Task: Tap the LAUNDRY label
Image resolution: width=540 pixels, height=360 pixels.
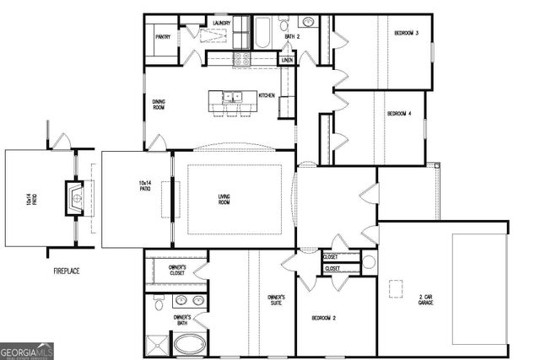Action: coord(222,24)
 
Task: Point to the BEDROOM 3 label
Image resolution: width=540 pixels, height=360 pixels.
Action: coord(407,33)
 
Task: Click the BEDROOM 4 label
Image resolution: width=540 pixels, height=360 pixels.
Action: coord(399,113)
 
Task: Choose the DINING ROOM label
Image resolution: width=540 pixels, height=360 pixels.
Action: coord(159,105)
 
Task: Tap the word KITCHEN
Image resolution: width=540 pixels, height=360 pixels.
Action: coord(267,95)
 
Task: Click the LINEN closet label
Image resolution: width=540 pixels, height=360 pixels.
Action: coord(287,60)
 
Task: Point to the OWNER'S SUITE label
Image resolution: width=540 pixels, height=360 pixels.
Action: coord(276,301)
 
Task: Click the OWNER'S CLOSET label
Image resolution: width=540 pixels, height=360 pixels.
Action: coord(177,270)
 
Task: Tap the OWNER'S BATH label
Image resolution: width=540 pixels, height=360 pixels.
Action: coord(182,320)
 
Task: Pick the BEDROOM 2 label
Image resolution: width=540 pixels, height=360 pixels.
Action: coord(323,318)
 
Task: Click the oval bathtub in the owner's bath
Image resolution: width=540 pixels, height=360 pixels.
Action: coord(190,344)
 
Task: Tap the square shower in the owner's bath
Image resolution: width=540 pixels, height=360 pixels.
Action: coord(157,345)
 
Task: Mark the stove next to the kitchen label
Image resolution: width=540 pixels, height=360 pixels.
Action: coord(241,59)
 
